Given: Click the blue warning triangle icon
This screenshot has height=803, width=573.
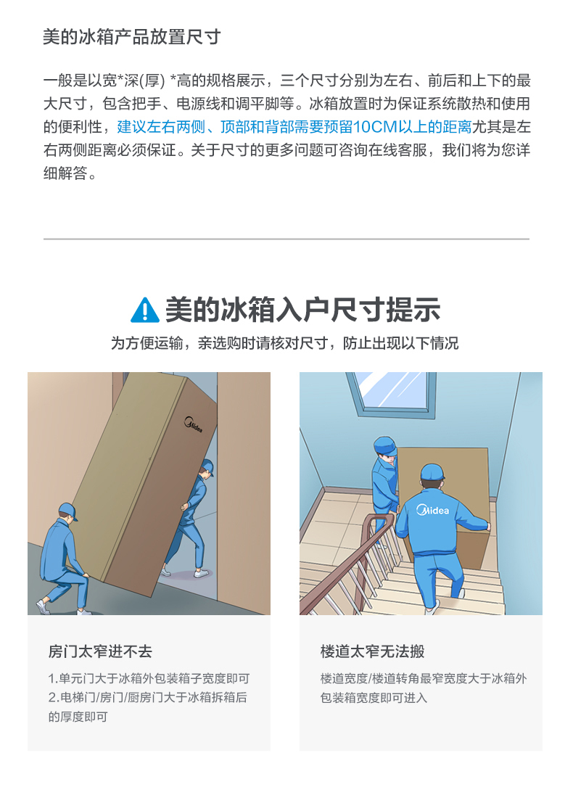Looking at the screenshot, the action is pos(145,310).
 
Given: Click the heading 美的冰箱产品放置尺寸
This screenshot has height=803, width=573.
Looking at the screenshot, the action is pos(132,37).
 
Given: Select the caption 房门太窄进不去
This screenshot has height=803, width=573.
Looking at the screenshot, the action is pos(100,651).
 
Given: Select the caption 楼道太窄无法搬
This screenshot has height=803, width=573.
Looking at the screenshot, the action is pos(372,651).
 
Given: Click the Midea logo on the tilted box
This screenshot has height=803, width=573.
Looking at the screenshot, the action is pos(194,424).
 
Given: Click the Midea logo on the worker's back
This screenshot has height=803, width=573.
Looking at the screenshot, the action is pos(433,509).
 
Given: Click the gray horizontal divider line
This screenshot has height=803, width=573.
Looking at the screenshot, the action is pos(286,239).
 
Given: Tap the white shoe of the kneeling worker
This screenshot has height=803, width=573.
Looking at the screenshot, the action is pos(43,607).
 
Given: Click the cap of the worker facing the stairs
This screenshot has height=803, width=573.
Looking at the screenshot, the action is pos(432,471).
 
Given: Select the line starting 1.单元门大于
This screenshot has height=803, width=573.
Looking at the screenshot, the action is pos(149,678).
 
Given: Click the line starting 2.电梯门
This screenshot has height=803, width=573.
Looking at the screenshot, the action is pos(147,698).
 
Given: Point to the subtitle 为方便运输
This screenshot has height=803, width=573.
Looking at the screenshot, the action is pos(285,343).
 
